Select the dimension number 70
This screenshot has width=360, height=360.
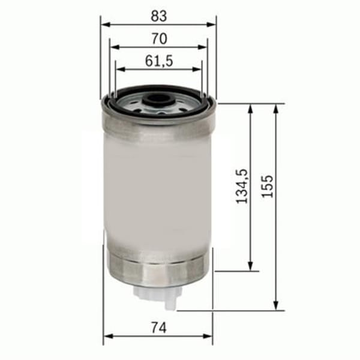pyautogui.click(x=159, y=38)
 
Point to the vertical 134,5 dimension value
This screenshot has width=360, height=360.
pyautogui.click(x=242, y=187)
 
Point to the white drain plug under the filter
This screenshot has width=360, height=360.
pyautogui.click(x=159, y=295)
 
